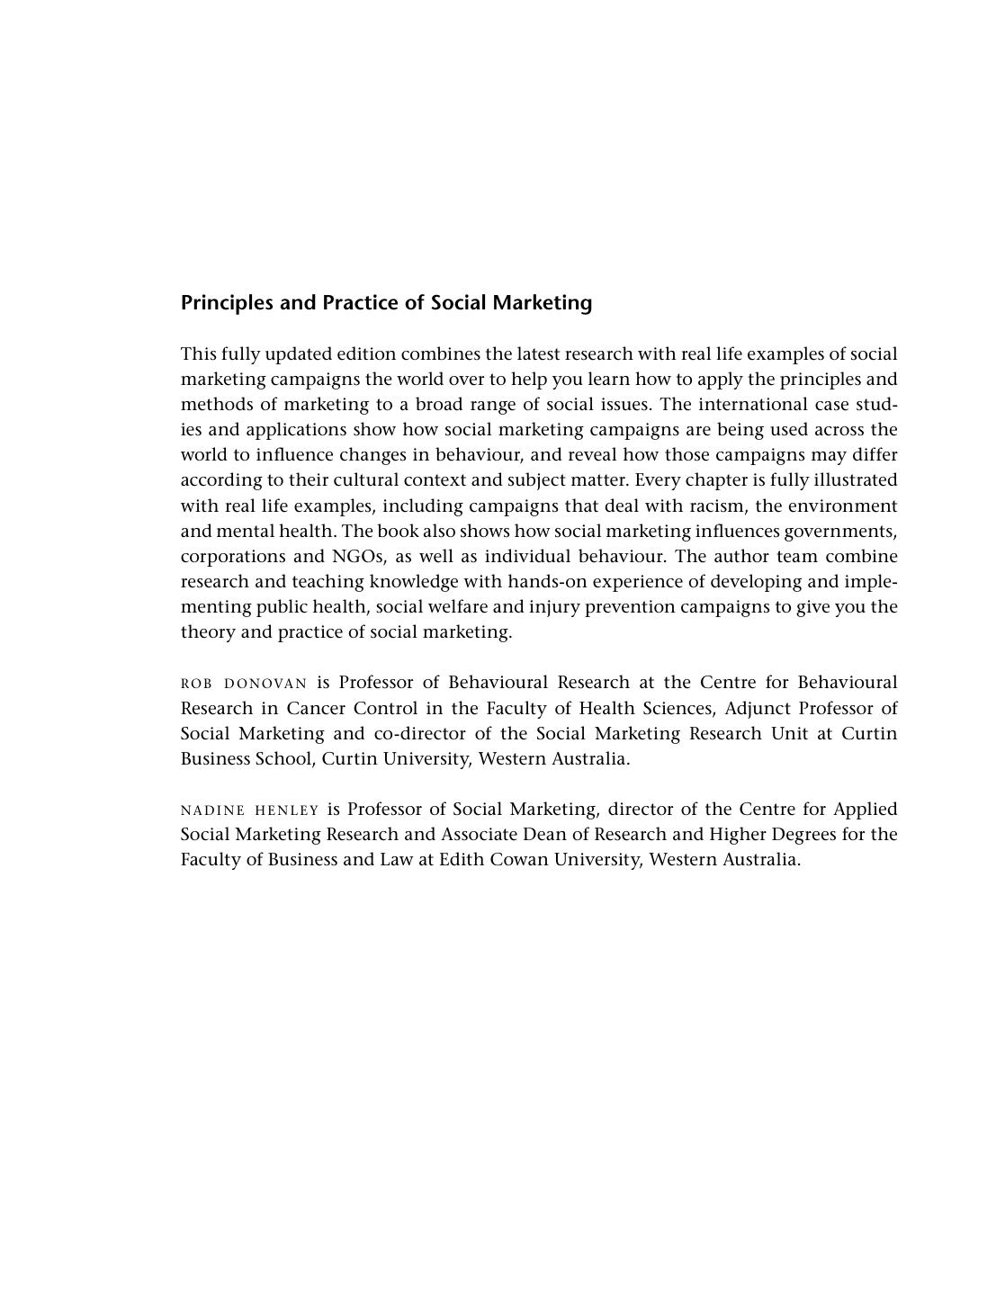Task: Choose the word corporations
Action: (233, 556)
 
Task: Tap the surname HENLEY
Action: (287, 810)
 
